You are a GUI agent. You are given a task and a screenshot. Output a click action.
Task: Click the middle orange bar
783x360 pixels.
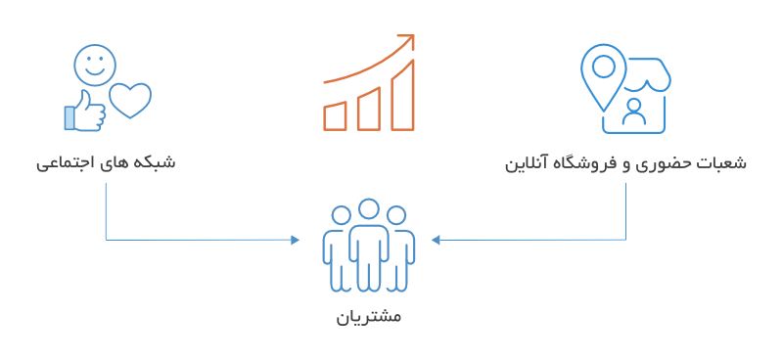pyautogui.click(x=368, y=107)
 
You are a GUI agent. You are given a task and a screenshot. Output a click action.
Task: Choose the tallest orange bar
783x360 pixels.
pyautogui.click(x=402, y=95)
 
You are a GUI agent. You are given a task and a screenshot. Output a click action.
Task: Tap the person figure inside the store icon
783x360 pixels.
pyautogui.click(x=634, y=113)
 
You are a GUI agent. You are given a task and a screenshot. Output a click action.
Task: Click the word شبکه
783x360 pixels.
pyautogui.click(x=154, y=162)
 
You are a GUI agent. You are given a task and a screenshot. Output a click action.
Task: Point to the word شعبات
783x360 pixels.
pyautogui.click(x=725, y=162)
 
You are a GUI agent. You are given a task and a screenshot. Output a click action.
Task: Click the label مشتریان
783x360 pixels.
pyautogui.click(x=368, y=318)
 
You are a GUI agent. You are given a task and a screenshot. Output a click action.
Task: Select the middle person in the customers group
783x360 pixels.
pyautogui.click(x=368, y=245)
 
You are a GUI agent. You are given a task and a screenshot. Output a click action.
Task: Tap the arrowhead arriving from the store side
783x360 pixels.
pyautogui.click(x=438, y=240)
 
